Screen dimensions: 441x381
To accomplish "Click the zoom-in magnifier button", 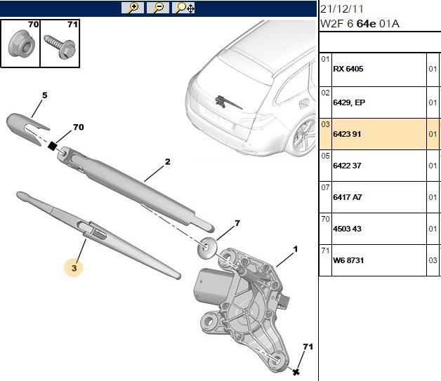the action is pyautogui.click(x=133, y=8).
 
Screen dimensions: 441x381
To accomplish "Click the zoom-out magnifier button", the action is pyautogui.click(x=158, y=8).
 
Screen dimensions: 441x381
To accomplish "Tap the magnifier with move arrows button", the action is pyautogui.click(x=183, y=8).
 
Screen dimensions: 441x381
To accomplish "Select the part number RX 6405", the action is pyautogui.click(x=348, y=69).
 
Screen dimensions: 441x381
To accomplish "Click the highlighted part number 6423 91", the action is pyautogui.click(x=347, y=134).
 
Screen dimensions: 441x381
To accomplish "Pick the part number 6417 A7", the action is pyautogui.click(x=348, y=197).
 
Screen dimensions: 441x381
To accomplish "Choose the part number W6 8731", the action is pyautogui.click(x=348, y=260).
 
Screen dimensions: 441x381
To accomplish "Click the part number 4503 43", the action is pyautogui.click(x=347, y=229).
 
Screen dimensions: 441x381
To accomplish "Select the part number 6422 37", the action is pyautogui.click(x=347, y=166).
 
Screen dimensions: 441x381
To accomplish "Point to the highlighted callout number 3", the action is pyautogui.click(x=74, y=268).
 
